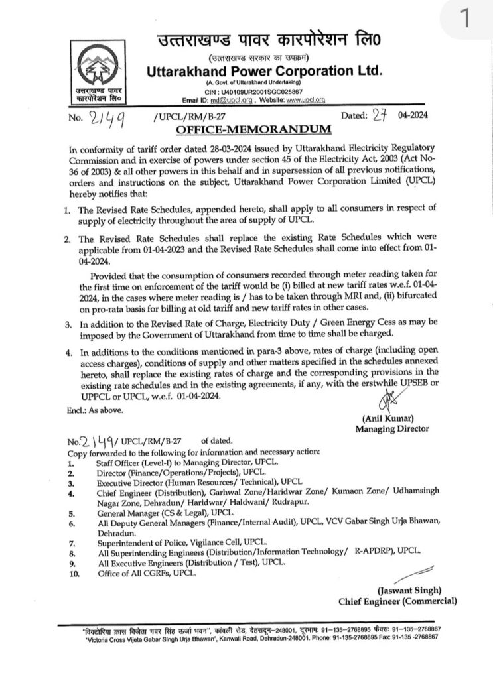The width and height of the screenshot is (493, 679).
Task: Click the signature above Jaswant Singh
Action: [x=411, y=572]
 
